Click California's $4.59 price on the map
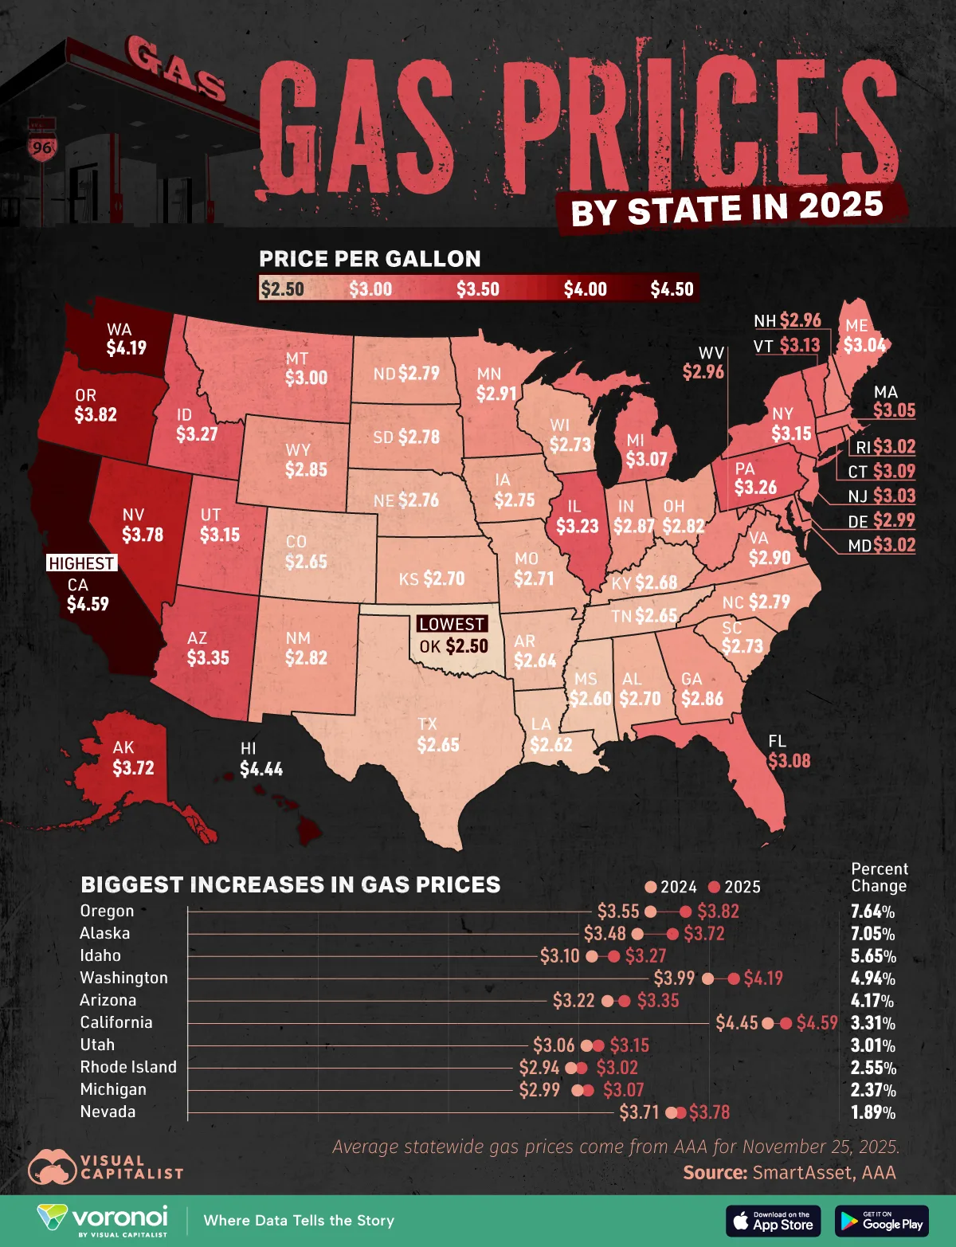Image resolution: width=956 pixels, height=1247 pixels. (x=88, y=604)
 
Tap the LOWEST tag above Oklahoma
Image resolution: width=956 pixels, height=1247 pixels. (x=451, y=624)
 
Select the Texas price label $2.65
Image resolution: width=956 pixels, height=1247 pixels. (x=438, y=744)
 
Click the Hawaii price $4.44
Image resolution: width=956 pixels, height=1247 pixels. (x=261, y=769)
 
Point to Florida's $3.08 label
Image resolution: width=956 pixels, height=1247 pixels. (x=789, y=760)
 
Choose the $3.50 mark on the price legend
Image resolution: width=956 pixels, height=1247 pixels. (x=477, y=289)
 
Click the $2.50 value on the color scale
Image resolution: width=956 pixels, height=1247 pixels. (x=283, y=289)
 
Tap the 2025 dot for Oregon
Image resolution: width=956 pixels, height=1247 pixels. (x=685, y=912)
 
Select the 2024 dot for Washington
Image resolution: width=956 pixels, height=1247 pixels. (x=707, y=978)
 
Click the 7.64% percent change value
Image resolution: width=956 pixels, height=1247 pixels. (x=872, y=912)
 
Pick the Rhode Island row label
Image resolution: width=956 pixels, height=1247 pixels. (x=128, y=1067)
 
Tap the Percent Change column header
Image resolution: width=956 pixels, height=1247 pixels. (x=879, y=877)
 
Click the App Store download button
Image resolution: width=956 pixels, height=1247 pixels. (x=773, y=1221)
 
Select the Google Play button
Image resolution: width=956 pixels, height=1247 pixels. (x=882, y=1221)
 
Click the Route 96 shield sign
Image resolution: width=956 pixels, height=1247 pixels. (x=42, y=147)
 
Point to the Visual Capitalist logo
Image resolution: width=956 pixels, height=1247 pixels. (x=105, y=1167)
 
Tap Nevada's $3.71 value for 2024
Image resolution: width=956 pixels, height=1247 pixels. (x=639, y=1112)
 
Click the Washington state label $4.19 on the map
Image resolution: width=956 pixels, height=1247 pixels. (x=126, y=347)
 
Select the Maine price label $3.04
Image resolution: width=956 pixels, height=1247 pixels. (x=864, y=344)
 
